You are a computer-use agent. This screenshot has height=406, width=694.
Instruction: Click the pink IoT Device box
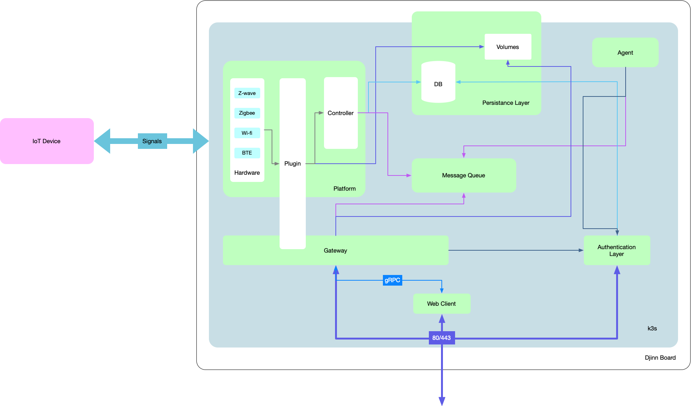47,141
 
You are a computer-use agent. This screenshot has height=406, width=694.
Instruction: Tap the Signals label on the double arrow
152,141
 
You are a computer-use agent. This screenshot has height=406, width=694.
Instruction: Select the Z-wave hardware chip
247,93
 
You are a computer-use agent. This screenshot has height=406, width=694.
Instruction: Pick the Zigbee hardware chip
247,113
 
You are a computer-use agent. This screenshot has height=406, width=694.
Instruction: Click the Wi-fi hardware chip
247,133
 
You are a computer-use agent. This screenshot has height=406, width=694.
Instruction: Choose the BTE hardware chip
247,153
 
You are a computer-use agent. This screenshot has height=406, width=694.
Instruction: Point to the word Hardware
247,172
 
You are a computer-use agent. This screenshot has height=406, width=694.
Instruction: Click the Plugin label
292,163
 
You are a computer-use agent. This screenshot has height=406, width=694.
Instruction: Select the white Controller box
341,113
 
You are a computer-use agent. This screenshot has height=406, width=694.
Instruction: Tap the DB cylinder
438,84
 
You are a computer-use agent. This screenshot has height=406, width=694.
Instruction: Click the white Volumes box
507,47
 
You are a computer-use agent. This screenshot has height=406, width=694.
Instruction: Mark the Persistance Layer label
506,103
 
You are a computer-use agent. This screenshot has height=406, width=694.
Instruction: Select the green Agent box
625,52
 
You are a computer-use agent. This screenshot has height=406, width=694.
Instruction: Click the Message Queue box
463,175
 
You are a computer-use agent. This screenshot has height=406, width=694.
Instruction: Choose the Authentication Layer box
617,250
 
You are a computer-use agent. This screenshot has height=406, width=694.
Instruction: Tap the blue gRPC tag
392,280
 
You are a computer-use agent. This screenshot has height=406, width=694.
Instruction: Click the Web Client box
441,303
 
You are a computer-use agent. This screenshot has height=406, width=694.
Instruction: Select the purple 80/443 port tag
441,338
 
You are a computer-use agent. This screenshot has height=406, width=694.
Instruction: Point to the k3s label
652,328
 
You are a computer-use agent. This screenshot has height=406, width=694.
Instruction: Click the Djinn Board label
660,357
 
